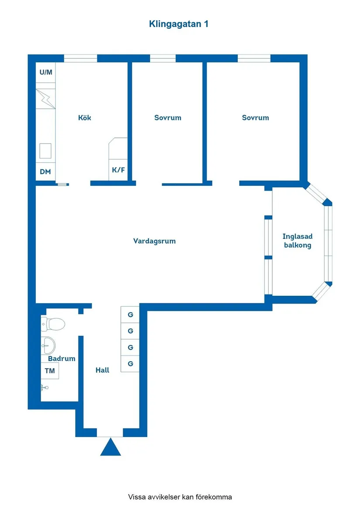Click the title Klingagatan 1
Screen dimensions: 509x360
tap(178, 24)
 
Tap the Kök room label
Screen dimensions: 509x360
tap(85, 118)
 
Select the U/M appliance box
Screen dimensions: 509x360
tap(46, 72)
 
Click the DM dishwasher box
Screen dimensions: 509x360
tap(45, 171)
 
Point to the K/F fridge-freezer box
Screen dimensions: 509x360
tap(118, 170)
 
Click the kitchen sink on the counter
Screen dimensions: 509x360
tap(45, 151)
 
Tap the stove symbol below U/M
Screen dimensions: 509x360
tap(45, 99)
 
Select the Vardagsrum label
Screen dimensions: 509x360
tap(154, 241)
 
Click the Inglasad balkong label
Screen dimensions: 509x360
tap(298, 241)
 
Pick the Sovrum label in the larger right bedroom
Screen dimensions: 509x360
tap(255, 118)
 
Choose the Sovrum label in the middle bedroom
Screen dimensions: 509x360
tap(168, 118)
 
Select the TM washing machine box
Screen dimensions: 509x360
tap(50, 371)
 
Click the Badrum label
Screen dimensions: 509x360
tap(62, 359)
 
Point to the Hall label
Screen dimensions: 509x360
tap(103, 370)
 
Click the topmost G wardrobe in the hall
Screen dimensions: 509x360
tap(130, 314)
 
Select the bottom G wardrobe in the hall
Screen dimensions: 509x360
tap(130, 364)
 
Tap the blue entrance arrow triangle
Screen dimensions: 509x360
tap(110, 448)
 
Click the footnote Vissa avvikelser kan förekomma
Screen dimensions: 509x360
tap(180, 497)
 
